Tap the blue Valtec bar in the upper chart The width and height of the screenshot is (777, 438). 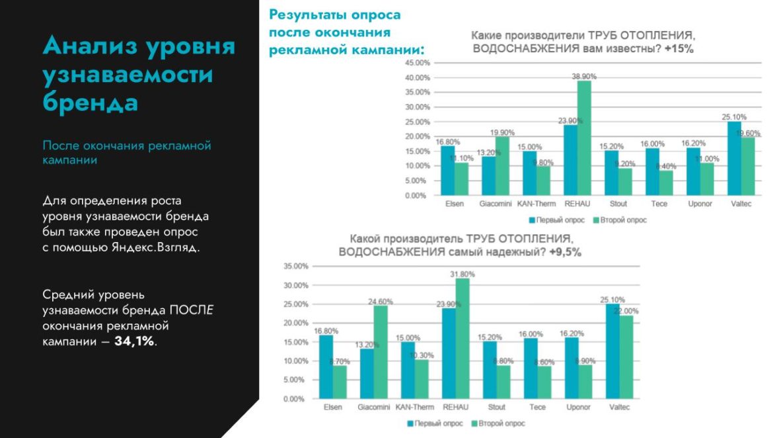[x=734, y=159]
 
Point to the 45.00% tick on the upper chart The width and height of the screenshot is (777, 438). [x=416, y=63]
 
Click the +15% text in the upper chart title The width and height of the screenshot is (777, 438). [x=679, y=49]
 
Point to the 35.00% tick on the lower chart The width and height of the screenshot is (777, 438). [x=295, y=267]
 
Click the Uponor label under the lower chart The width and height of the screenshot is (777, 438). [x=578, y=407]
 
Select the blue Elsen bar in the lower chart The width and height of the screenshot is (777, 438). [x=326, y=367]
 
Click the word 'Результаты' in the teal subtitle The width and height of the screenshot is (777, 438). [x=307, y=15]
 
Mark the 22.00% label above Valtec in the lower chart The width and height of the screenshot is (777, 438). [x=626, y=311]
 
